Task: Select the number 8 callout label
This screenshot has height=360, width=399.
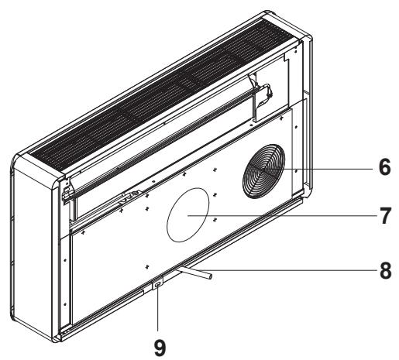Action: pyautogui.click(x=384, y=272)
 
